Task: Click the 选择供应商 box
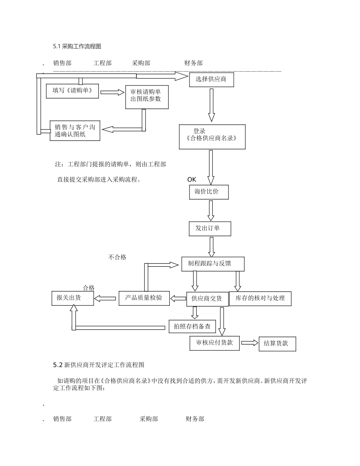211,80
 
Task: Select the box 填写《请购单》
72,91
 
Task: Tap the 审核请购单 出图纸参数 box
147,97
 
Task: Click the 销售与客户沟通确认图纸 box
75,131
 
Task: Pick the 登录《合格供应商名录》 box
212,136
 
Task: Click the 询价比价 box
209,192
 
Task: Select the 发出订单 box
210,228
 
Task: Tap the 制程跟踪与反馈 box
213,264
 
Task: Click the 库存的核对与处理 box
260,298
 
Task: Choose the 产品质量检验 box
144,298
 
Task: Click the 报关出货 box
72,298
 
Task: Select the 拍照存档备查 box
192,326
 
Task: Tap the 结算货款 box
277,344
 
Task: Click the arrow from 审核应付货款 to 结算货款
249,343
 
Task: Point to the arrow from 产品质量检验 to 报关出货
105,299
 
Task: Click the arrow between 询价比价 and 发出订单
211,211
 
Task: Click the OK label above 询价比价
192,180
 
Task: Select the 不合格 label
117,257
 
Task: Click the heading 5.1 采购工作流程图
77,47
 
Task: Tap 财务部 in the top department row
193,63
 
